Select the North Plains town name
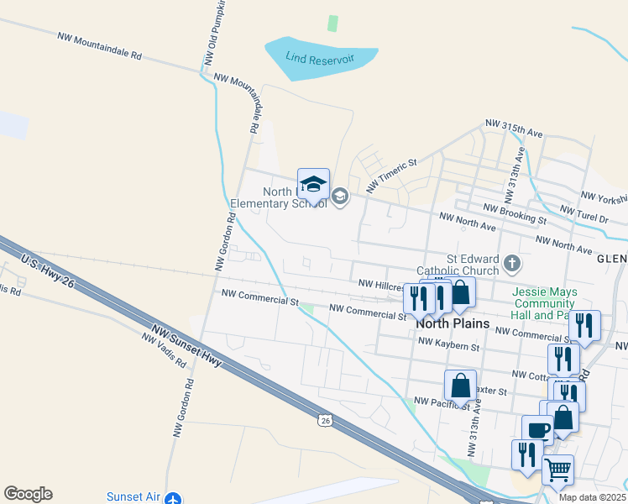coord(453,323)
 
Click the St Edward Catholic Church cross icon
coord(512,265)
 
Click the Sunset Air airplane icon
coord(174,498)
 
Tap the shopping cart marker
coord(558,469)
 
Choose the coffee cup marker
coord(537,430)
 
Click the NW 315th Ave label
coord(514,129)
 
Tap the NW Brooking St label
coord(515,213)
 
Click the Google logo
coord(28,494)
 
